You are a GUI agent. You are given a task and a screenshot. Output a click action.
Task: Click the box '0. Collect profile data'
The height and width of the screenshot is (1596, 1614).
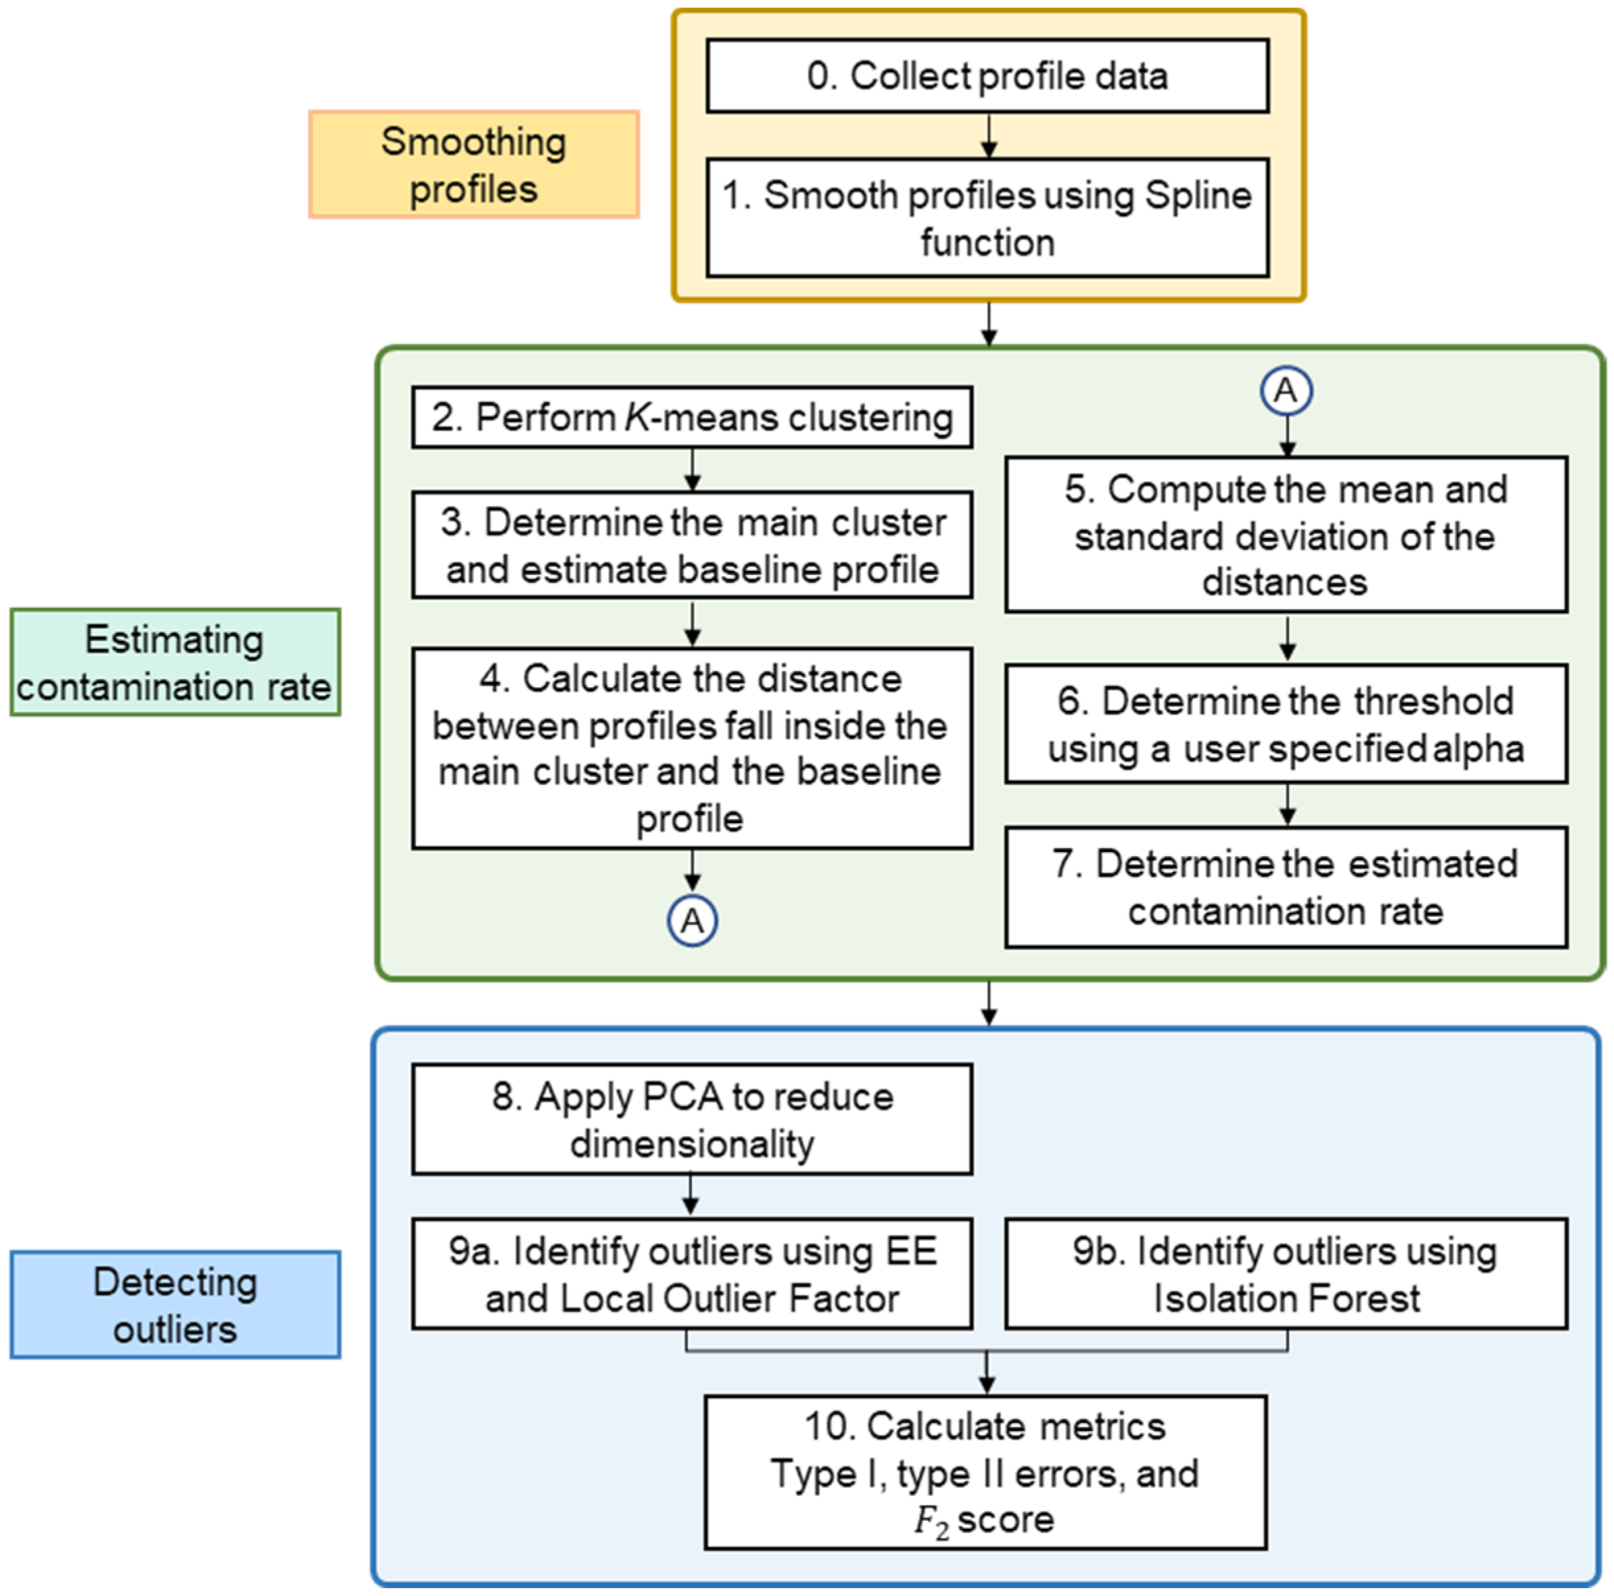click(x=987, y=76)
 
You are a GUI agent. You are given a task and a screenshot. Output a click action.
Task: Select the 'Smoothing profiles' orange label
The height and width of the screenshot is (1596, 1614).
click(x=474, y=164)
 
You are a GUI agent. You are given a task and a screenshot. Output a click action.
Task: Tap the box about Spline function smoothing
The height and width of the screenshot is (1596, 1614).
click(x=987, y=218)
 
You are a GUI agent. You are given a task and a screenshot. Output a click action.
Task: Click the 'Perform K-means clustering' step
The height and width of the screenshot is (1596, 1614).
click(x=691, y=416)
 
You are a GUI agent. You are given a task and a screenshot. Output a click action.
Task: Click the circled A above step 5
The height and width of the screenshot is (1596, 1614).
click(x=1286, y=390)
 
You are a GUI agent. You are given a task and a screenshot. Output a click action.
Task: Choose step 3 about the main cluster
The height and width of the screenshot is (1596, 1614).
click(x=691, y=545)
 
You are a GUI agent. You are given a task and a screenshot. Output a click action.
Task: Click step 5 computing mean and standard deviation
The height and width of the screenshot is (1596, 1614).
click(x=1286, y=535)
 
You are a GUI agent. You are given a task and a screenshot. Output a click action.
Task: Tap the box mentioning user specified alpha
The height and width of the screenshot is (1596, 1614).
click(x=1286, y=724)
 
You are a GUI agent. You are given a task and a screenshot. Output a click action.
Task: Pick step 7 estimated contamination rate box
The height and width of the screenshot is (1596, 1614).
click(x=1286, y=887)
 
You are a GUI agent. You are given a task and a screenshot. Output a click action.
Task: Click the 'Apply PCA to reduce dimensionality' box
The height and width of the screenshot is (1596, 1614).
click(x=691, y=1119)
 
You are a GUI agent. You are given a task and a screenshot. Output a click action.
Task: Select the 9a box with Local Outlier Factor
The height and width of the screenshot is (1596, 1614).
click(x=691, y=1274)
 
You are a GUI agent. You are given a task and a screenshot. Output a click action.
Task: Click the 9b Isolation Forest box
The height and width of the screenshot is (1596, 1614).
click(x=1286, y=1274)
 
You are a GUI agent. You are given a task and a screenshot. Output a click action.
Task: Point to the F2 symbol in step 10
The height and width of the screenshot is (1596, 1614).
click(x=930, y=1521)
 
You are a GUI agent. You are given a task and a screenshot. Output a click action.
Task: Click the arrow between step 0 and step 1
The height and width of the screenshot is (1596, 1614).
click(x=989, y=136)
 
